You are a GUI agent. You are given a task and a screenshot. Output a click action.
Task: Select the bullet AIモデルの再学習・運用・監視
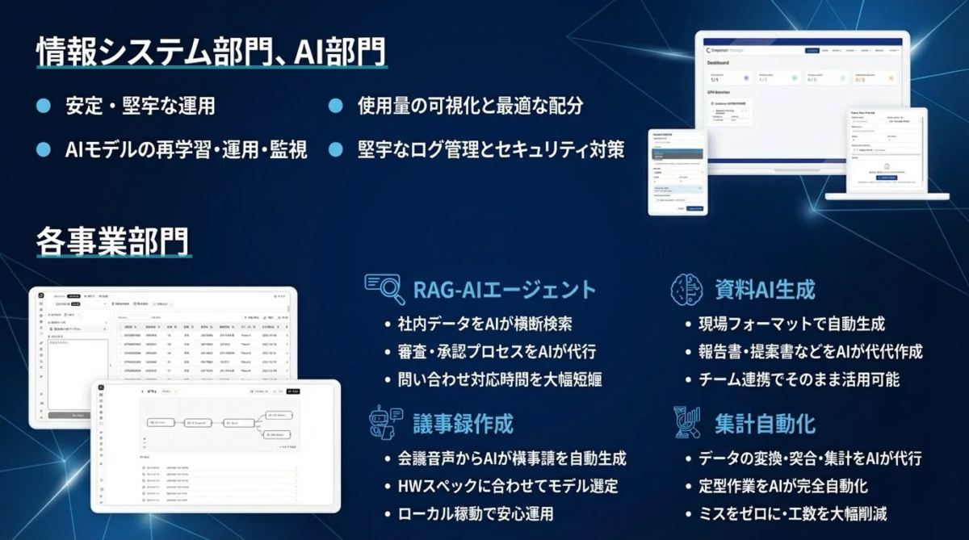click(186, 150)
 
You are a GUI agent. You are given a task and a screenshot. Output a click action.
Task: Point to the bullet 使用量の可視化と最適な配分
click(470, 106)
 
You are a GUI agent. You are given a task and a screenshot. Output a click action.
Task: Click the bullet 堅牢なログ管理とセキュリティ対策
click(491, 150)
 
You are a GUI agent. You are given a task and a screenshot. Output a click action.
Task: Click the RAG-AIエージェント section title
click(504, 289)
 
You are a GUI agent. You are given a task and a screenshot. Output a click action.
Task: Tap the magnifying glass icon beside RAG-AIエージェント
click(384, 287)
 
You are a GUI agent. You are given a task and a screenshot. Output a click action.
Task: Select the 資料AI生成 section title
click(765, 289)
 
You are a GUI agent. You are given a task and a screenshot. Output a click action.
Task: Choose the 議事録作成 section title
click(463, 423)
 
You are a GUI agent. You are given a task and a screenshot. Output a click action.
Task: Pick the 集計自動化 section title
click(765, 423)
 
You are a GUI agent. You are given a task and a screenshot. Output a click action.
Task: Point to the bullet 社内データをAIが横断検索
click(485, 324)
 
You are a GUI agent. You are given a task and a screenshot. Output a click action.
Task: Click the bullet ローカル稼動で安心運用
click(476, 513)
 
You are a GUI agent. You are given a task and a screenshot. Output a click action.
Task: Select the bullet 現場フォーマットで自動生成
click(791, 324)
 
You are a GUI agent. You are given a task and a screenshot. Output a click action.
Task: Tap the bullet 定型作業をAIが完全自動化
click(782, 486)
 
